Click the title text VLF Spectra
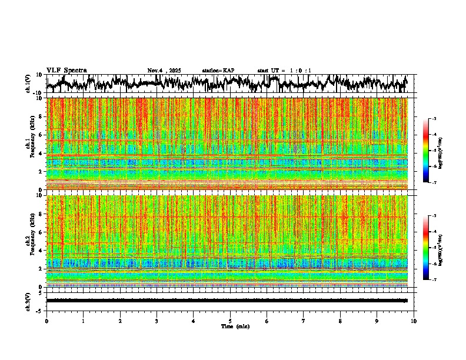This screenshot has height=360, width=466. point(66,71)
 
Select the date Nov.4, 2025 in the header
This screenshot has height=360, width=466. point(164,71)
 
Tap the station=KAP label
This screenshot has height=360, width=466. point(218,71)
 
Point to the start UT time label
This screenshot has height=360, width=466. point(284,71)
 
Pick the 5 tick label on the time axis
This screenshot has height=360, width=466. point(230,321)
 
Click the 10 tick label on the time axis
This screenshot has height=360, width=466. point(414,321)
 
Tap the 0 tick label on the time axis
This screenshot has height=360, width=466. point(46,321)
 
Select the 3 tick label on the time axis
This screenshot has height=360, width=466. point(157,321)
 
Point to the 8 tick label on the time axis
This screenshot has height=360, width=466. point(340,321)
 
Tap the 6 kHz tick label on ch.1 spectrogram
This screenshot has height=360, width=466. point(41,135)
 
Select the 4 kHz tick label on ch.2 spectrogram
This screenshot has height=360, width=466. point(41,250)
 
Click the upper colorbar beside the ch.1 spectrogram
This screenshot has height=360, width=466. point(433,151)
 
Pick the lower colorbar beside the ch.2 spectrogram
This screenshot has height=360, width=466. point(433,247)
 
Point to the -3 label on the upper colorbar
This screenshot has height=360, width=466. point(440,119)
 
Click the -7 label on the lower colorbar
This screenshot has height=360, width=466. point(440,280)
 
